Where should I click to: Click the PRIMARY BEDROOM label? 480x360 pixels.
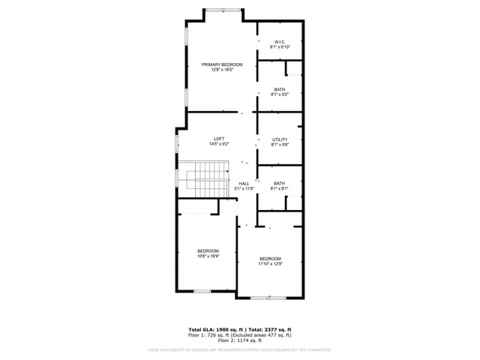click(222, 64)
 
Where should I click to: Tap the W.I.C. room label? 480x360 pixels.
click(280, 42)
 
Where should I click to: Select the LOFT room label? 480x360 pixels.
click(219, 139)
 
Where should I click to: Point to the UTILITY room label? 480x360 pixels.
click(280, 139)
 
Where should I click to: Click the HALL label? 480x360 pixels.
click(244, 184)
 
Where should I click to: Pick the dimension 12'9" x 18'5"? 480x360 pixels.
click(222, 70)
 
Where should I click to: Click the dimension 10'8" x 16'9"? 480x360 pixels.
click(208, 256)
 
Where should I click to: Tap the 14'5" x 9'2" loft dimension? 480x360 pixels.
click(219, 144)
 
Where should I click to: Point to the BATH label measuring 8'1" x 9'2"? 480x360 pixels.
click(280, 89)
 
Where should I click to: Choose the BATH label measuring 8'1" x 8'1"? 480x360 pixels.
click(280, 184)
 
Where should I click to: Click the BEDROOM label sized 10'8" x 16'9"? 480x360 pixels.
click(208, 250)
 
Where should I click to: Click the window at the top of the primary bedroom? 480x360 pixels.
click(223, 10)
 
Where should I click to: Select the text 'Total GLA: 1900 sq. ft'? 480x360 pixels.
click(214, 329)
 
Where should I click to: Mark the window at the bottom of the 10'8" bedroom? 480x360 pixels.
click(202, 290)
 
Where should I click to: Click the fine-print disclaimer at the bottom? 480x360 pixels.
click(240, 349)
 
